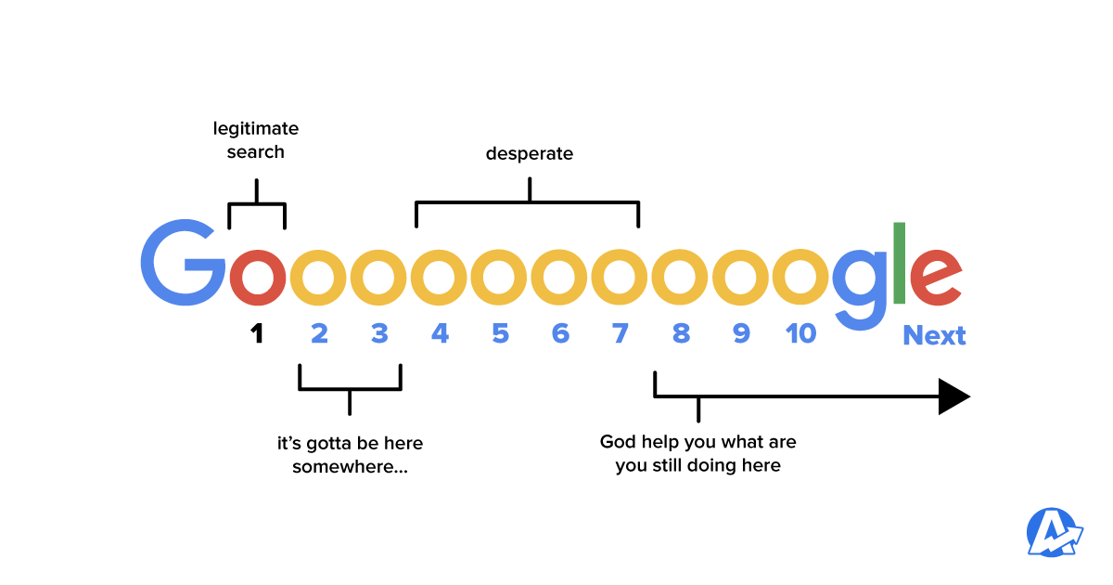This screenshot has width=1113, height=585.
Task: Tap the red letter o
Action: tap(257, 278)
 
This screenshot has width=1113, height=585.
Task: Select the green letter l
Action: tap(899, 263)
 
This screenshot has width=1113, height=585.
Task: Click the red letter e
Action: tap(935, 278)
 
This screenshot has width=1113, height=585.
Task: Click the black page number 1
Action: tap(257, 332)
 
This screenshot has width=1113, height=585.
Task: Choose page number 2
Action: tap(319, 332)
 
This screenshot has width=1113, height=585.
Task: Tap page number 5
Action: tap(500, 332)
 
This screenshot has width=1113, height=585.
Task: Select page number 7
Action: tap(620, 332)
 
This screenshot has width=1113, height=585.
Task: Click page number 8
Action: tap(681, 332)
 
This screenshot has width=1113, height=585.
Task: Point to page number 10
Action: tap(800, 332)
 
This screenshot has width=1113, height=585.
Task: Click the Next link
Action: tap(934, 335)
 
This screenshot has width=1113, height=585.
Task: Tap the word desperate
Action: tap(530, 153)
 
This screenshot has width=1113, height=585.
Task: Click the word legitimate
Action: tap(256, 129)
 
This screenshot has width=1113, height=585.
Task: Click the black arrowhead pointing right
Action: tap(953, 396)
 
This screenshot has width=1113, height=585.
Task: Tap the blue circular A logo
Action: tap(1055, 533)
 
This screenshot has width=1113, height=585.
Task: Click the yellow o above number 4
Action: tap(440, 278)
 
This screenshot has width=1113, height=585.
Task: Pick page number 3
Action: tap(379, 332)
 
